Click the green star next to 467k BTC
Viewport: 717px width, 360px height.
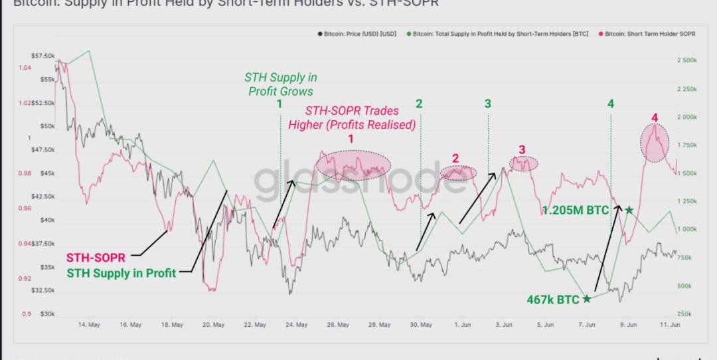[586, 299]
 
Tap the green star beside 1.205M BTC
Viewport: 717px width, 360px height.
[629, 211]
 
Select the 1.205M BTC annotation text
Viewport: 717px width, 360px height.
[575, 211]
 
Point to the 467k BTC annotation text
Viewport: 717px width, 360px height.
[553, 300]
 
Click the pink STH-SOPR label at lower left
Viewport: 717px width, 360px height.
[99, 258]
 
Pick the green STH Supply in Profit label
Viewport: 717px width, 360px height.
[121, 272]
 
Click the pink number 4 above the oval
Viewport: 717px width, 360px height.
[655, 118]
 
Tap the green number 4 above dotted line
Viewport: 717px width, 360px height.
[610, 104]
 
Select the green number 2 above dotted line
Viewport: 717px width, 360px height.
[419, 104]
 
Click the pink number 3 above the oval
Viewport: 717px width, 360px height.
[522, 149]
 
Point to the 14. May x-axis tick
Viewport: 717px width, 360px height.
[89, 325]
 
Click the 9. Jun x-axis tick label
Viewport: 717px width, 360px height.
[628, 325]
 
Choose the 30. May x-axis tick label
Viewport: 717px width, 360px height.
[421, 325]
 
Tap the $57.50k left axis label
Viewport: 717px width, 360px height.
[43, 56]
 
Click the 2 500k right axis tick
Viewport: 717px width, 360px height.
[686, 60]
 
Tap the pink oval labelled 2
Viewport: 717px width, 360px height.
[458, 173]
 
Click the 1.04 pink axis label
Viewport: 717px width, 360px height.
[25, 68]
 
